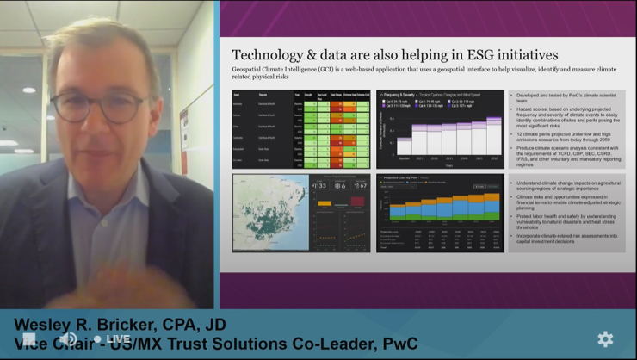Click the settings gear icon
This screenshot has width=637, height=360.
[x=605, y=338]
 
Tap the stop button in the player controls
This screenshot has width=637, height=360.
[x=30, y=339]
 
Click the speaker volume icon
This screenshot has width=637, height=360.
[x=66, y=339]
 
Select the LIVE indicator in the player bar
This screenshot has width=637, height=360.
[x=113, y=339]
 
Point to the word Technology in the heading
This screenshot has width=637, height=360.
[x=280, y=53]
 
